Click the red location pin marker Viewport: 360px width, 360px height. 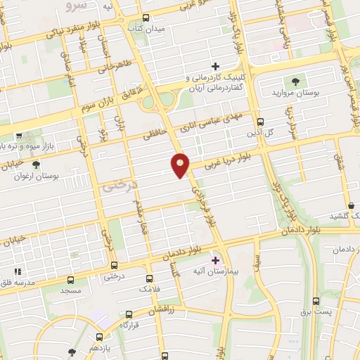point(181,165)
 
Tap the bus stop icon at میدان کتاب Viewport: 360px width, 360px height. point(146,18)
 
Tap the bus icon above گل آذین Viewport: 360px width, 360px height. point(259,121)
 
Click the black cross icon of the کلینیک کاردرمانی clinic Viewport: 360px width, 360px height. point(216,66)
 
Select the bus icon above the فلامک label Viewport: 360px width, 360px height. point(149,278)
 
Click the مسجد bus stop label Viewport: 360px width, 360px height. point(70,290)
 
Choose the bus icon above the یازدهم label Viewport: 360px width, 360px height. point(99,337)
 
